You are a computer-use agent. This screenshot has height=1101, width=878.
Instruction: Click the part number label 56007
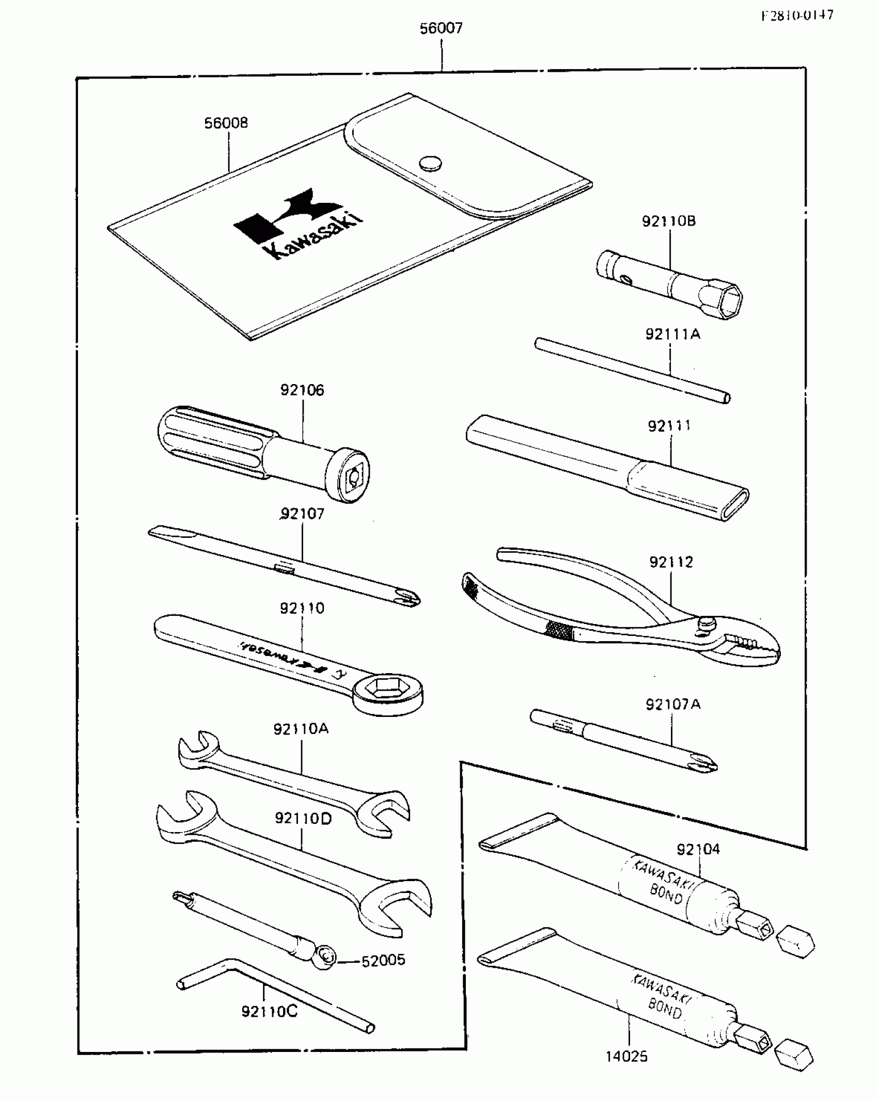pos(441,28)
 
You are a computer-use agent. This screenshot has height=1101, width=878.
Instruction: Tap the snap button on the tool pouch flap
pos(430,164)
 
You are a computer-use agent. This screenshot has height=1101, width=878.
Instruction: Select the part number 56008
pos(226,123)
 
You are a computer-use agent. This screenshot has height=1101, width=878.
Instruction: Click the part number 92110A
pos(301,729)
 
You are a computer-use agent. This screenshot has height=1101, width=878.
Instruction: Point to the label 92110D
pos(303,819)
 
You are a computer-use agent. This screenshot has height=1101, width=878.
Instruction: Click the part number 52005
pos(383,960)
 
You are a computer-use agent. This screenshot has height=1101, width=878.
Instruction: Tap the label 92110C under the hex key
pos(270,1011)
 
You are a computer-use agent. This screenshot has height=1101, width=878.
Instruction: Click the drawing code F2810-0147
pos(797,15)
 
